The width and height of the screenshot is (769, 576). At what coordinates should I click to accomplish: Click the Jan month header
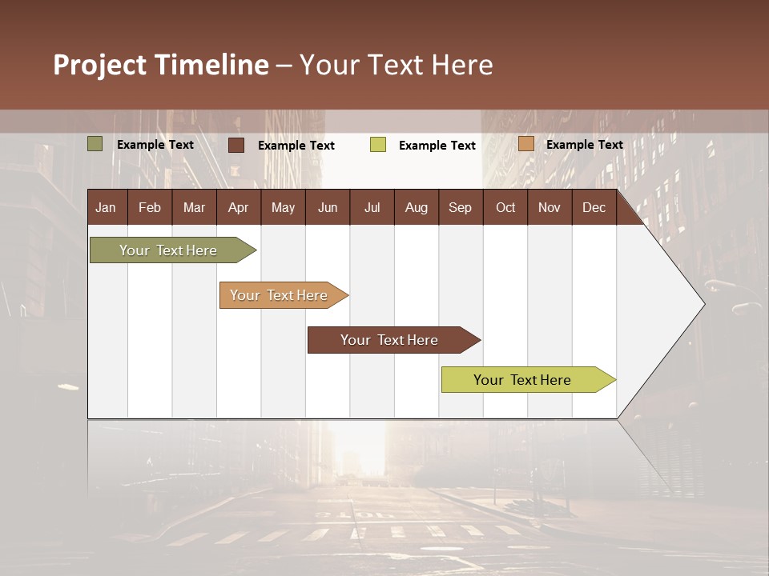(106, 207)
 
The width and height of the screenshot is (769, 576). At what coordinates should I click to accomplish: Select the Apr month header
(238, 207)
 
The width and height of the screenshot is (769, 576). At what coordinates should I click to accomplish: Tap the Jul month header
(372, 207)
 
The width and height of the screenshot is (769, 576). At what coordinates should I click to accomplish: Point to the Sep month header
(460, 207)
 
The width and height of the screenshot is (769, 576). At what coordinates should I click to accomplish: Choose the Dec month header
(594, 207)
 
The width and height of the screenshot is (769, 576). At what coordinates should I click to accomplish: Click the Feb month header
(150, 207)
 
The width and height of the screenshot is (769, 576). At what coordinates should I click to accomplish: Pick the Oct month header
(505, 207)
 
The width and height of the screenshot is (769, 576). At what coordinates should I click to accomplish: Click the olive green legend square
(95, 144)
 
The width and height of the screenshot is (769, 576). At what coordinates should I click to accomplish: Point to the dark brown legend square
(236, 145)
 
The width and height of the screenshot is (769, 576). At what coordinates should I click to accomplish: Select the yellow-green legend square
(378, 145)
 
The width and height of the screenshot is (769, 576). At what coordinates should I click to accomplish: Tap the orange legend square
(525, 144)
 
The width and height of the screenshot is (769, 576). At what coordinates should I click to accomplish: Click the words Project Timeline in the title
(161, 65)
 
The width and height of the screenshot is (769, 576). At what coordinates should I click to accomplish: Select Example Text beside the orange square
(584, 145)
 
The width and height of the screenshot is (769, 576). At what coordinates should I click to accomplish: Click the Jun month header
(327, 207)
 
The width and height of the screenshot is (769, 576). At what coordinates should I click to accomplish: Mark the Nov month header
(550, 207)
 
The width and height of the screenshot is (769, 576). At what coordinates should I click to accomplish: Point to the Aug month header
(416, 207)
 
